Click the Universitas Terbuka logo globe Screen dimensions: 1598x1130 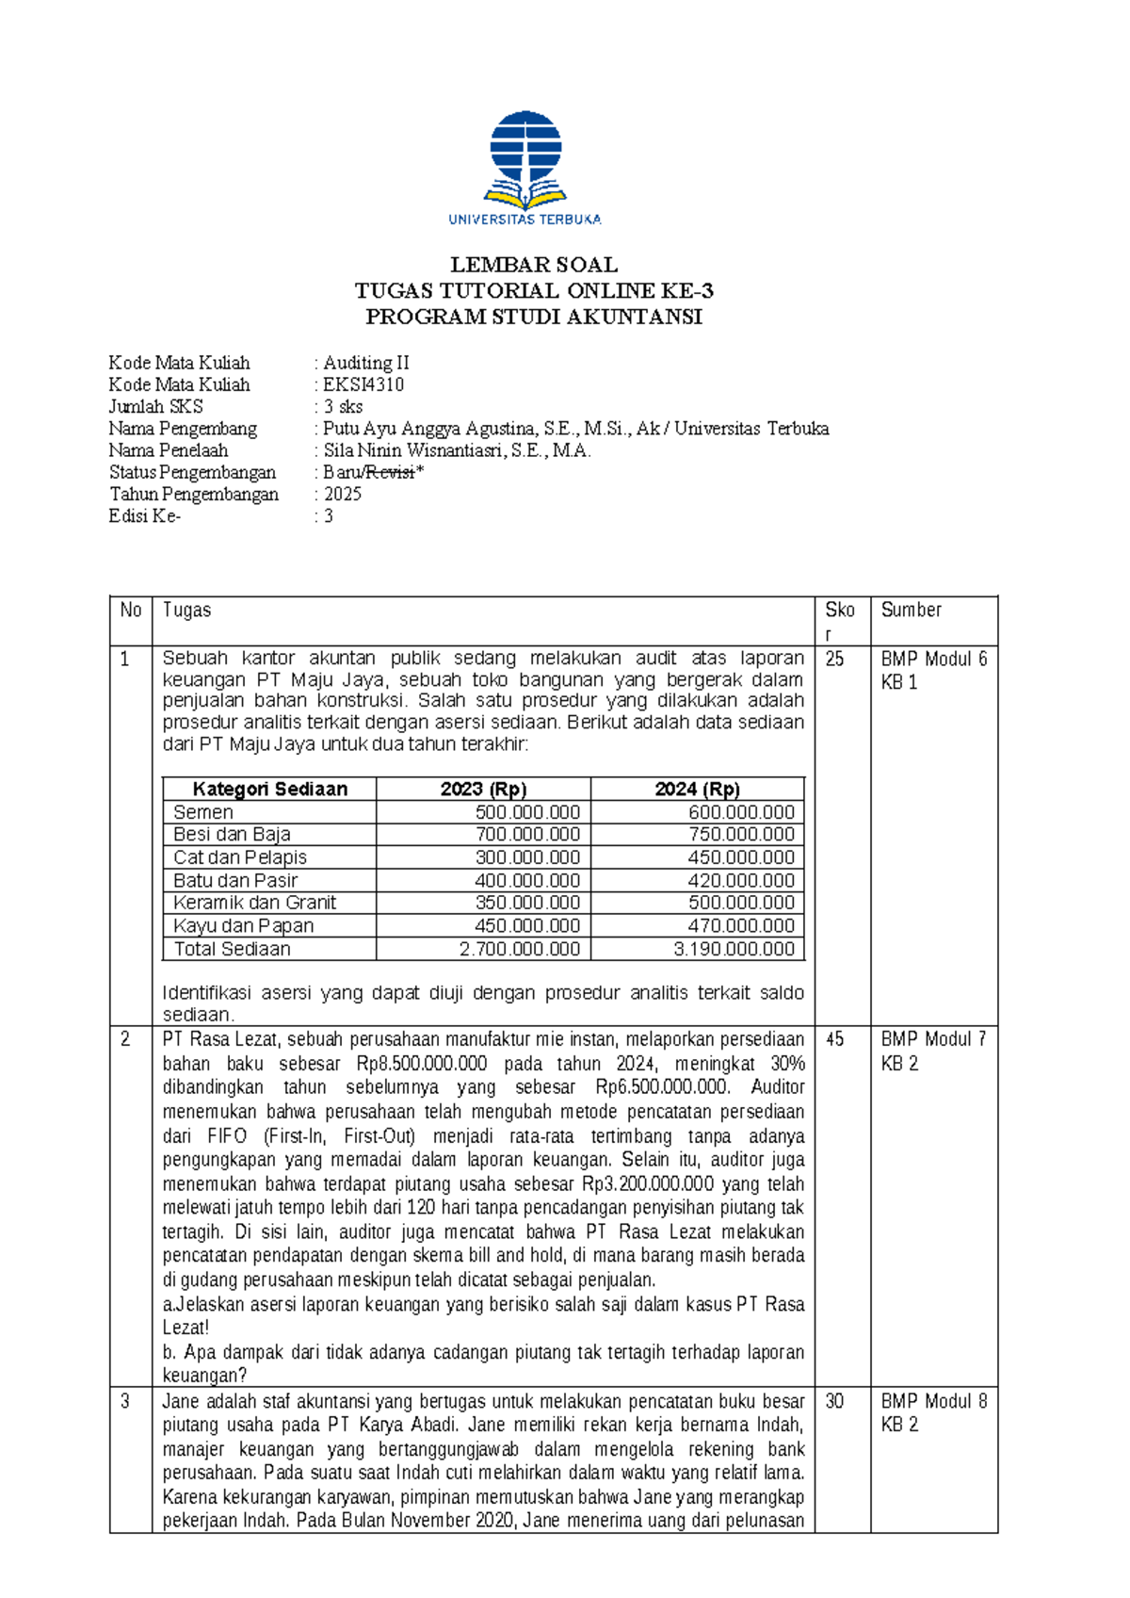[x=525, y=148]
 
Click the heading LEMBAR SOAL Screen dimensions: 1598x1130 [x=533, y=265]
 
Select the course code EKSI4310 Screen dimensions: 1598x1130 [x=363, y=384]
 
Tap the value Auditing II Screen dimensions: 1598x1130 [x=366, y=363]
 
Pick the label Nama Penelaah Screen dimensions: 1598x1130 [x=169, y=450]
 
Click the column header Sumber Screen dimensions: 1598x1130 [x=911, y=611]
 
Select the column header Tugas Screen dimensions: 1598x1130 [x=186, y=611]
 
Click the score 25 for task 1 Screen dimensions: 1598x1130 [x=834, y=660]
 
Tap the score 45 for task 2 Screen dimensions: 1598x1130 [x=834, y=1039]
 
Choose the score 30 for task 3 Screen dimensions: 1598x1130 [x=834, y=1401]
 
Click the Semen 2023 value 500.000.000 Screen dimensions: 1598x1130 [x=527, y=812]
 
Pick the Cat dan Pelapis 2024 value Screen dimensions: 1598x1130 [x=740, y=857]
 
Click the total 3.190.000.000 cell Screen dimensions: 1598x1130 [x=734, y=949]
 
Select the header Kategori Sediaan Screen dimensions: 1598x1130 [x=269, y=790]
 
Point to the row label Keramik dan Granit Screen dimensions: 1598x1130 [x=254, y=903]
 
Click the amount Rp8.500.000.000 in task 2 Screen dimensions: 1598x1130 [x=422, y=1064]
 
